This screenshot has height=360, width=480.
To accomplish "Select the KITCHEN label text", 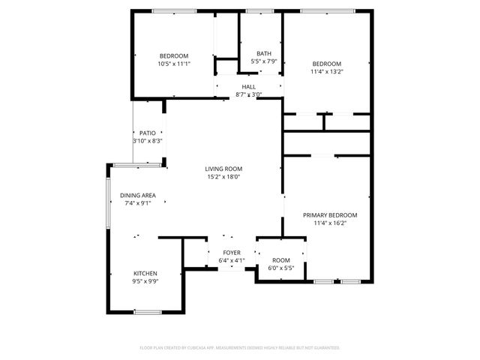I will click(x=145, y=273).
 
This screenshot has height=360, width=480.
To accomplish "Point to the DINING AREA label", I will click(x=138, y=195).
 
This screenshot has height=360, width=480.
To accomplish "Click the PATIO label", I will click(x=147, y=133).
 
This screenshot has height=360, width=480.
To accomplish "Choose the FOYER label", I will click(x=231, y=253).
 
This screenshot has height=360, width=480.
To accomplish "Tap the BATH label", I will click(x=264, y=53).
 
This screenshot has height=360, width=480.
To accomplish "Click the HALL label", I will click(x=248, y=87).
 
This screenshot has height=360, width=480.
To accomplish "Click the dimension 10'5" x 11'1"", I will click(x=173, y=64).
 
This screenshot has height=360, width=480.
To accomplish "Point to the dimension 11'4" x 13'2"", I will click(x=326, y=72).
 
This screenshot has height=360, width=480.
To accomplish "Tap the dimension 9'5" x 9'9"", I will click(x=145, y=281).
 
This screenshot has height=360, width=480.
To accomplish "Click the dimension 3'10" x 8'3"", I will click(x=147, y=141).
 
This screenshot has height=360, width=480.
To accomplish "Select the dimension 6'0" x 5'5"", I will click(x=280, y=268).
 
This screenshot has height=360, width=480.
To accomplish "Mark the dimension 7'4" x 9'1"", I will click(x=138, y=203).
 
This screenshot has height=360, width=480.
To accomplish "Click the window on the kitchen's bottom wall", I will click(x=148, y=311).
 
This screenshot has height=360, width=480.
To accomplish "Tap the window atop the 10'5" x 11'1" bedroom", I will click(x=174, y=10).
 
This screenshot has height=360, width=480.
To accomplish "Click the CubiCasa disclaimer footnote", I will click(x=240, y=348).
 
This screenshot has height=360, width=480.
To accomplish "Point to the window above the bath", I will click(x=259, y=10).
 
